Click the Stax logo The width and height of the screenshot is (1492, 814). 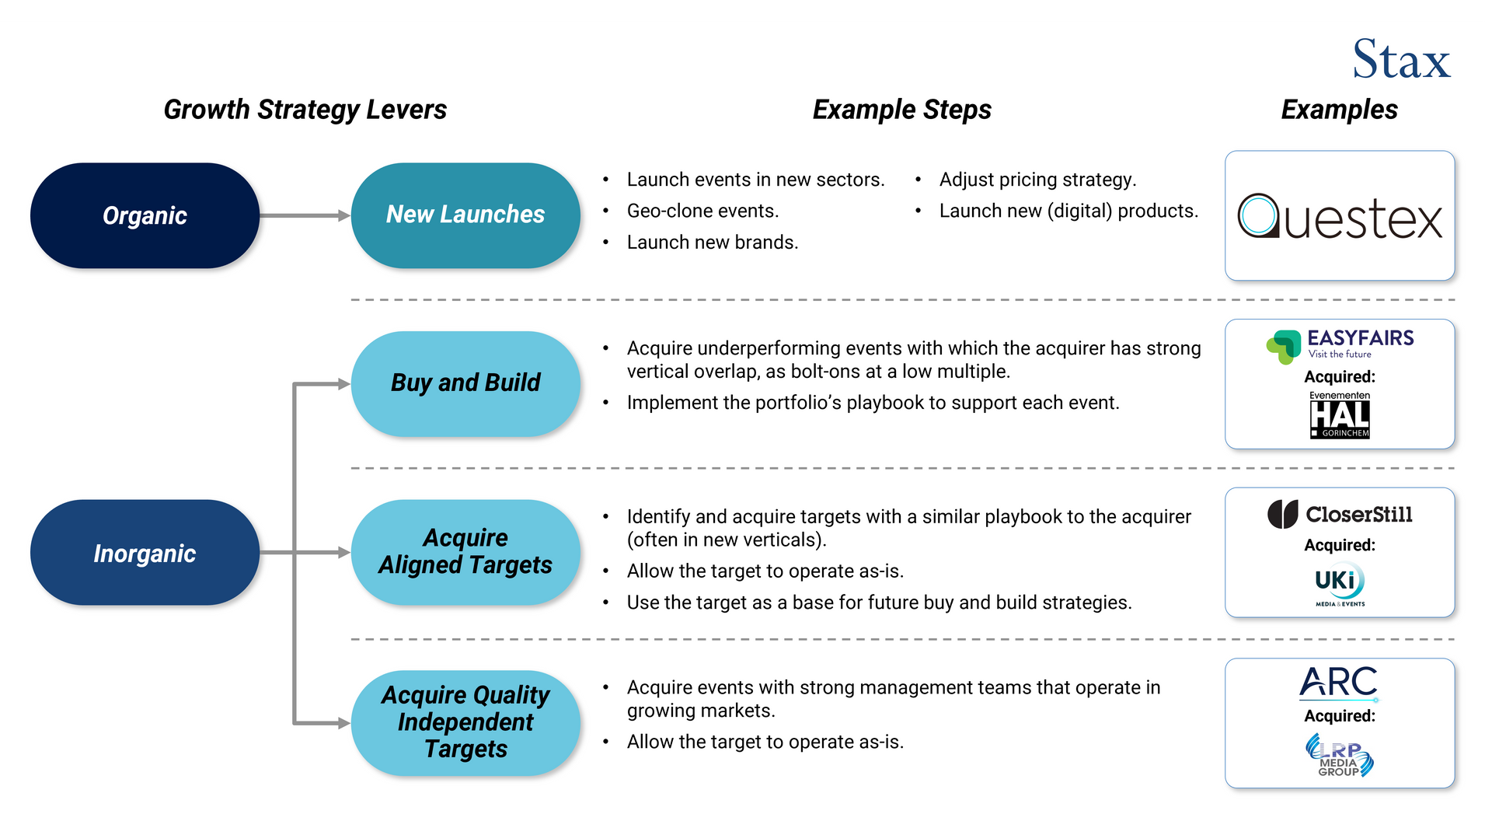click(1400, 60)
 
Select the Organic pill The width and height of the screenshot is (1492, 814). click(145, 215)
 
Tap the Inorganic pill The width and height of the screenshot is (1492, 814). click(145, 553)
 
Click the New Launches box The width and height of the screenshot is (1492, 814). click(465, 215)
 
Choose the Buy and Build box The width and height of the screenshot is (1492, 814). click(465, 383)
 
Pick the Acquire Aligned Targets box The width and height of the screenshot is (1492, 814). click(465, 552)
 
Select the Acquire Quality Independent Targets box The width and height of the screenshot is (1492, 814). click(465, 722)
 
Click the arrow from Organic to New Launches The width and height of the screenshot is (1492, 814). click(303, 215)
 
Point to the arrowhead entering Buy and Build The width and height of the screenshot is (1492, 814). click(343, 383)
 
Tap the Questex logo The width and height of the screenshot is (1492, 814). click(1340, 217)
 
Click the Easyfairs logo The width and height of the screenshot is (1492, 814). click(1340, 345)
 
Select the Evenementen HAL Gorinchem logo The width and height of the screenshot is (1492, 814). click(1340, 415)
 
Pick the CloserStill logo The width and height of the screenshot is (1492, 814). click(1340, 514)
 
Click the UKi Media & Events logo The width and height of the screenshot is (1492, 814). click(1340, 584)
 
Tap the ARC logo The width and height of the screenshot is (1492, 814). click(1338, 683)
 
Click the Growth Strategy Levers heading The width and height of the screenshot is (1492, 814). click(305, 110)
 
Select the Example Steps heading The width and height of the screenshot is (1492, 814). click(901, 110)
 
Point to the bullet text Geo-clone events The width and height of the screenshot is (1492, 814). click(702, 211)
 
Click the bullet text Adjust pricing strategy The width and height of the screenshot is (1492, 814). click(1037, 180)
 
